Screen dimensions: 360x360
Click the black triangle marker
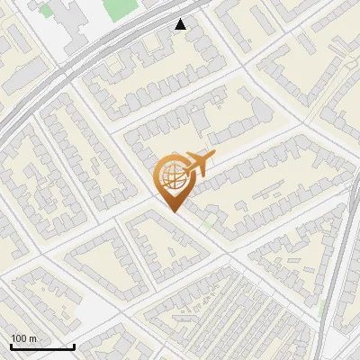(x=181, y=24)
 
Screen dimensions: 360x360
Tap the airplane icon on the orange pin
(x=196, y=165)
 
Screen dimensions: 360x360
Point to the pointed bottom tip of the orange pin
(x=174, y=211)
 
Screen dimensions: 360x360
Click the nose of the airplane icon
(x=212, y=156)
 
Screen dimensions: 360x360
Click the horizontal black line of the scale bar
(x=42, y=346)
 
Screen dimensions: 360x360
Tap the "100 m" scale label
(x=23, y=337)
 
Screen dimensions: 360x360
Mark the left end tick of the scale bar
(x=11, y=345)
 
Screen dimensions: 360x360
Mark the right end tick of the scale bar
(x=74, y=345)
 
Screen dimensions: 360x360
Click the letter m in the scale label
(x=32, y=337)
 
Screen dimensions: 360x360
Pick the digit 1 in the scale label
(x=13, y=337)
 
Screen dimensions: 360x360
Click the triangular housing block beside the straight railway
(x=292, y=261)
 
